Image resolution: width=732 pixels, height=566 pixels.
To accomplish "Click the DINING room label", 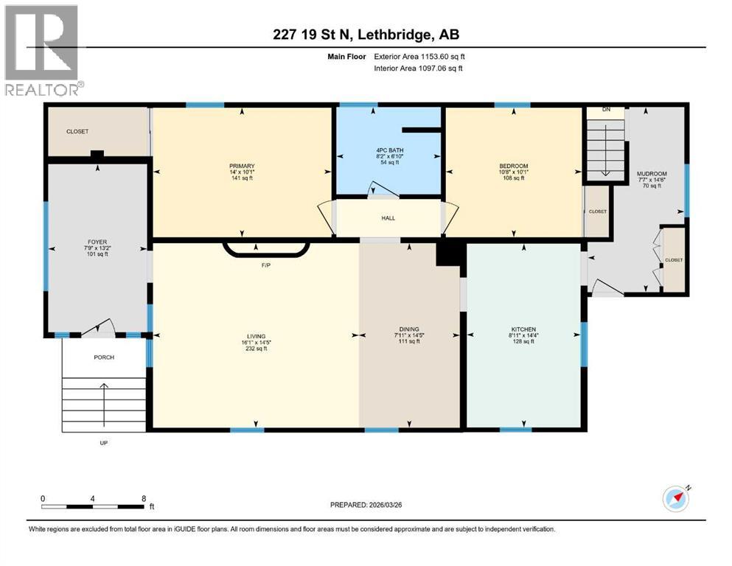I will coord(409,335).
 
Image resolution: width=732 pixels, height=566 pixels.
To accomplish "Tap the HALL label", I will coord(388,219).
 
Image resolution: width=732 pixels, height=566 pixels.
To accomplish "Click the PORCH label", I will coord(103,357).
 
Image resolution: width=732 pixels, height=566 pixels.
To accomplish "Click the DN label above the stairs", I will coord(606,110).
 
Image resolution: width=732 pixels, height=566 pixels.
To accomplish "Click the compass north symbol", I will coord(676,499).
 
